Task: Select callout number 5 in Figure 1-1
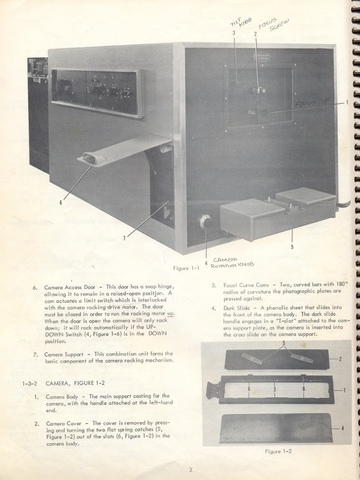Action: coord(292,246)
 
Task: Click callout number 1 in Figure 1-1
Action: coord(346,103)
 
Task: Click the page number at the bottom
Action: coord(190,469)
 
